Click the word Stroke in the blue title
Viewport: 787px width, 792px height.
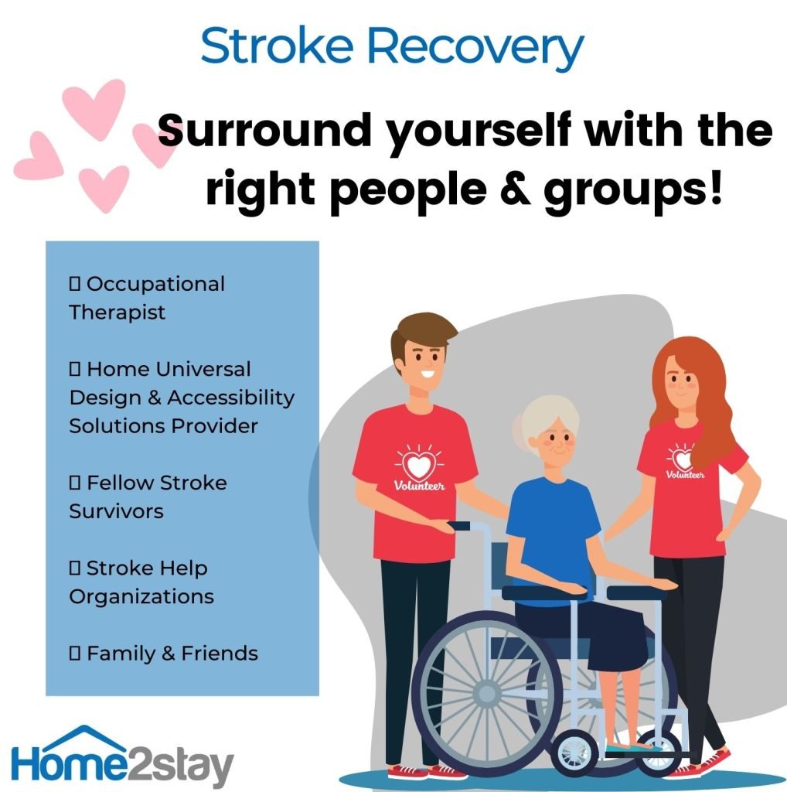277,46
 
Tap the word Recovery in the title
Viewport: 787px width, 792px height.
475,49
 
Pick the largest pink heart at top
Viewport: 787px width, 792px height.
95,108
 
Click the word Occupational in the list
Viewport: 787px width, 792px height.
155,284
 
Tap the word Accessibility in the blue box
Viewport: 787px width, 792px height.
230,398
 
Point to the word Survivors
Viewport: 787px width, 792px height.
116,511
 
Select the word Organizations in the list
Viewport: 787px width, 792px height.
141,597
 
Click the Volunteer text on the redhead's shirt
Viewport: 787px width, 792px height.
684,474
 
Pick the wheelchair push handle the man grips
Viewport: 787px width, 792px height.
459,526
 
